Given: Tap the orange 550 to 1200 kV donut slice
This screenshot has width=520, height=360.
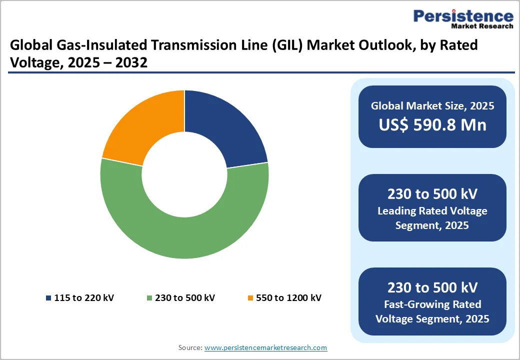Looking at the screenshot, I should point(145,127).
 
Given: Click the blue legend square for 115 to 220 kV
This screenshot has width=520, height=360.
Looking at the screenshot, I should point(48,298).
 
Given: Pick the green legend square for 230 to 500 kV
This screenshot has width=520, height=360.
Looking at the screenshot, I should point(149,298).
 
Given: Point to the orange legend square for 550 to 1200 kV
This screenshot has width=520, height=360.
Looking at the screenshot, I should point(250,298).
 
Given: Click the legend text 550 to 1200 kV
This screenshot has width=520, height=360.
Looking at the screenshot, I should point(288,298).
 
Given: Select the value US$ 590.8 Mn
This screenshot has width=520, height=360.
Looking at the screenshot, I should point(432,124).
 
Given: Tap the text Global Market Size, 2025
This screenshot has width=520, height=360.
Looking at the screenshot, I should point(432,105).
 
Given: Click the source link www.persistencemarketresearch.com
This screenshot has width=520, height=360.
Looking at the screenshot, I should point(265,347).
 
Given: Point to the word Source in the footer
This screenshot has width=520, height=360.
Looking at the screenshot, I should point(190,347).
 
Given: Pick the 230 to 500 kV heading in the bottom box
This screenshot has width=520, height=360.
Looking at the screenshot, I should point(432,287).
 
